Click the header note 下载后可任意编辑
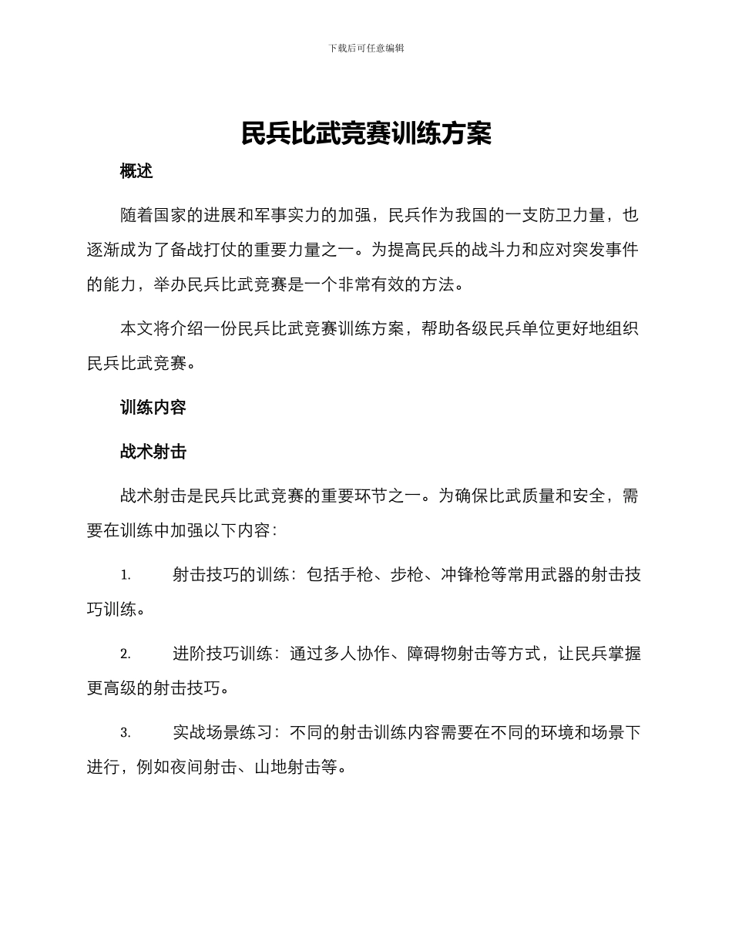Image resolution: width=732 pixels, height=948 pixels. tap(366, 48)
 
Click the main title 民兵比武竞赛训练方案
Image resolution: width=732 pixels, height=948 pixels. tap(366, 133)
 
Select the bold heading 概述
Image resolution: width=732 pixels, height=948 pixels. tap(136, 172)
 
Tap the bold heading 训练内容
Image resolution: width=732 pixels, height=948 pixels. tap(153, 408)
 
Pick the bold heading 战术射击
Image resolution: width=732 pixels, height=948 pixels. tap(153, 452)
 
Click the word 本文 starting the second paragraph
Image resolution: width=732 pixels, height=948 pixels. tap(136, 329)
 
